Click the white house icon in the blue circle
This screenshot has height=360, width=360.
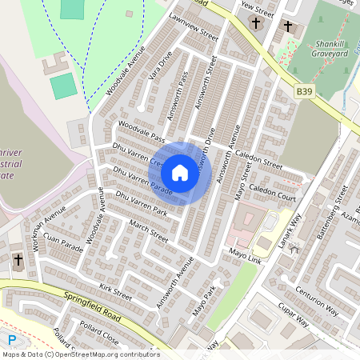coord(180,173)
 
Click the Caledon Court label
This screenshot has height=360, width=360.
coord(273,193)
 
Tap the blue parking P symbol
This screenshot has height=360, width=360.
coord(12,340)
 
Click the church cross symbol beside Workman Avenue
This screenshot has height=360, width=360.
coord(18,260)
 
